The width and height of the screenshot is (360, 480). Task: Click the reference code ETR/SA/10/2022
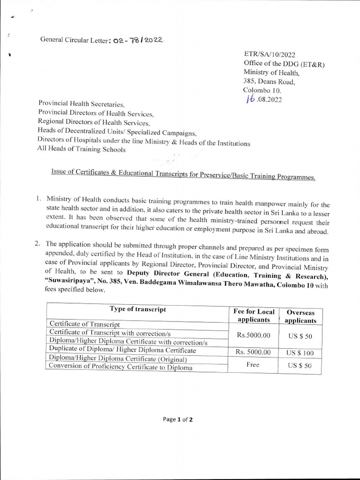click(270, 55)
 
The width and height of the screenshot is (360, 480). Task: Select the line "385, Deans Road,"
click(269, 81)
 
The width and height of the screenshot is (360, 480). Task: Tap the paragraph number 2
click(39, 244)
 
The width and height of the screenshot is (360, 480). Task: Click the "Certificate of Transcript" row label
click(84, 324)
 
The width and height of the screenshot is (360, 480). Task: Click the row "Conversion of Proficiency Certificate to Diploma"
click(120, 367)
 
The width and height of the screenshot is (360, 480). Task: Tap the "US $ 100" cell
click(300, 352)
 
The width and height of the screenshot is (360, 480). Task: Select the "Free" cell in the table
click(253, 365)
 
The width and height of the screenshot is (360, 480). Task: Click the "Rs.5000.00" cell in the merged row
click(254, 336)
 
